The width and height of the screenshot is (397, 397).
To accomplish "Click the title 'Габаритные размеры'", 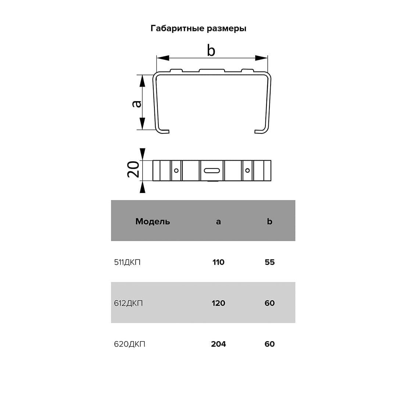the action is click(198, 29).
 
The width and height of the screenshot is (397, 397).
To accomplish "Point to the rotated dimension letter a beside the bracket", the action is click(137, 104).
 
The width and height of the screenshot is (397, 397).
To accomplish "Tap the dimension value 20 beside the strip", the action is click(133, 169).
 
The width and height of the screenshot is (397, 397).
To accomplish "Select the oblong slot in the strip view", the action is click(212, 171).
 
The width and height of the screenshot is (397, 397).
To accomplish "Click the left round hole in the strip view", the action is click(176, 171).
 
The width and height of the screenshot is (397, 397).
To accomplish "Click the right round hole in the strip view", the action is click(247, 171).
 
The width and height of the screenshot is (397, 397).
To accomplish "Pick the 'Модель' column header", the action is click(153, 222).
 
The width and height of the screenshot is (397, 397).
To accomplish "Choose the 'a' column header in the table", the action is click(218, 222).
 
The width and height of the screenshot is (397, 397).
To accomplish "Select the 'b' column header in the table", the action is click(269, 221).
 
